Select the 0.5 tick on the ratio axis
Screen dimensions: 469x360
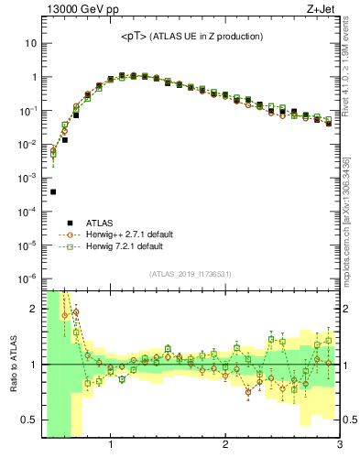[x=27, y=420]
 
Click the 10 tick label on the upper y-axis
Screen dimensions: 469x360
[x=29, y=43]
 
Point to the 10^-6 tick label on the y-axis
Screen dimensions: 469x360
[x=27, y=278]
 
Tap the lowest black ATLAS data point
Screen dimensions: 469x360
[x=53, y=191]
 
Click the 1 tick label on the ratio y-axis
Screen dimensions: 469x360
[x=33, y=365]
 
